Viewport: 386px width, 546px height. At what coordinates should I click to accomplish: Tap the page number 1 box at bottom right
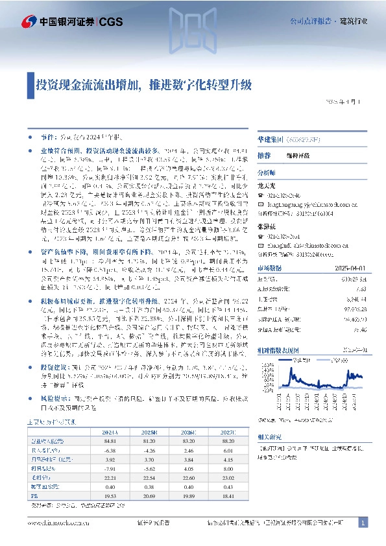(363, 523)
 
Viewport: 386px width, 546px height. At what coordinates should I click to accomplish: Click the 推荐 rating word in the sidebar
(263, 156)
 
